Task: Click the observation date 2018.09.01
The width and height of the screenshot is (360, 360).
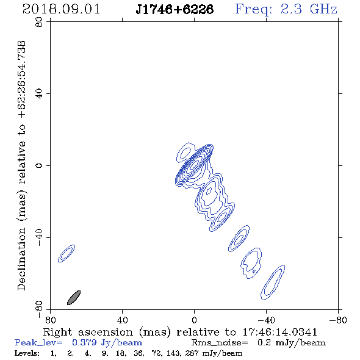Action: click(x=61, y=9)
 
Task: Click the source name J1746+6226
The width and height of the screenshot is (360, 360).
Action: click(x=175, y=9)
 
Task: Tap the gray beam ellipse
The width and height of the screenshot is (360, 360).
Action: click(x=74, y=298)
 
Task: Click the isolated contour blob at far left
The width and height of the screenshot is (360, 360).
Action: click(x=67, y=253)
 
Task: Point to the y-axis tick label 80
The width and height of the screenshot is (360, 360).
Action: click(x=40, y=22)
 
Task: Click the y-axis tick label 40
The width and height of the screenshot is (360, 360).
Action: click(x=40, y=94)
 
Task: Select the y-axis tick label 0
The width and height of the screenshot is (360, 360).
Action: click(x=40, y=165)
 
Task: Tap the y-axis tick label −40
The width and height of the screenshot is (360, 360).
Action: click(x=40, y=237)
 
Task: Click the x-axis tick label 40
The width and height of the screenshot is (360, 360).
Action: click(x=122, y=320)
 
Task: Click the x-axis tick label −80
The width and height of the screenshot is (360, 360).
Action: click(x=338, y=320)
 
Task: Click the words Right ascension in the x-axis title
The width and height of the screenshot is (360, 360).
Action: click(x=88, y=332)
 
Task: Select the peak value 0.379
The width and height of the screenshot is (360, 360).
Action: click(x=84, y=342)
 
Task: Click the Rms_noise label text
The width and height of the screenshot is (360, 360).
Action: click(x=220, y=343)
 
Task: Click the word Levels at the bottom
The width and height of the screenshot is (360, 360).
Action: click(x=27, y=353)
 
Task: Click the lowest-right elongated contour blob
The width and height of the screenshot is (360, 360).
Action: click(x=273, y=283)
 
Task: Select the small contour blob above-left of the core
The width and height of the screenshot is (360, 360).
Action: click(x=185, y=152)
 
